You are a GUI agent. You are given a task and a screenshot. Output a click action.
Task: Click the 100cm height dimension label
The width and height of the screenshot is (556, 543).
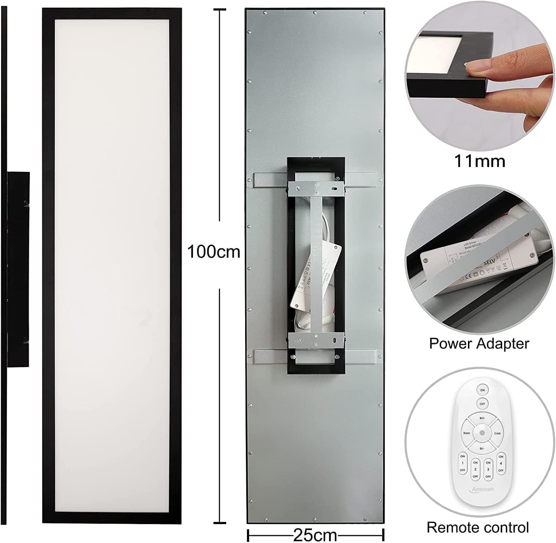click(214, 252)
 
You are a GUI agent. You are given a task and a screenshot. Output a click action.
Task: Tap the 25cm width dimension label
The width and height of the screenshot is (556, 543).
click(315, 535)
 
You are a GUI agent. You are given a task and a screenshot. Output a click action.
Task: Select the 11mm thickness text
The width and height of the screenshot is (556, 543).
click(479, 161)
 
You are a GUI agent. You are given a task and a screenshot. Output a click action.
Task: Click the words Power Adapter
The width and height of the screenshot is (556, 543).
click(479, 343)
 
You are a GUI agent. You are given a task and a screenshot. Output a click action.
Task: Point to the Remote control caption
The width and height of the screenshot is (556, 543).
click(478, 527)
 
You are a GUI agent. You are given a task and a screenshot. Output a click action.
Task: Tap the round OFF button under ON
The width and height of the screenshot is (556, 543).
click(482, 404)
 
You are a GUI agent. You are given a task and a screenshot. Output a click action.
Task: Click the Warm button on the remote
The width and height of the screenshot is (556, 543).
click(466, 433)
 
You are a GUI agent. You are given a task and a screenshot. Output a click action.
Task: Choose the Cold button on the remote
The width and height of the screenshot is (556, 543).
click(497, 433)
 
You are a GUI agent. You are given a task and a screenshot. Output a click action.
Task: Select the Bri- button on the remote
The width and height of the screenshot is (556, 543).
click(482, 448)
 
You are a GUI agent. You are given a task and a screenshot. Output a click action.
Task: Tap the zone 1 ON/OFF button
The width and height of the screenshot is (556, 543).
click(462, 463)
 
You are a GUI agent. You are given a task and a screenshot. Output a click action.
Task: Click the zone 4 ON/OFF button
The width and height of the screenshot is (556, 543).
click(501, 463)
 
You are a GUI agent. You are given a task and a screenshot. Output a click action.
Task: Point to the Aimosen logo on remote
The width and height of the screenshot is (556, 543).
click(482, 489)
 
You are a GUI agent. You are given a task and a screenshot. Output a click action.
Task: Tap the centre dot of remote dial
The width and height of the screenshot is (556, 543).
click(482, 433)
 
